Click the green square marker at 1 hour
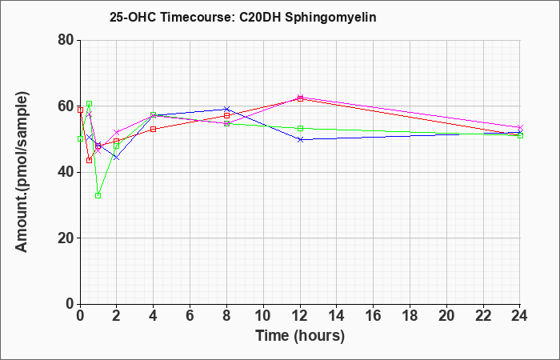[x=98, y=196]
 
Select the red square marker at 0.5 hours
[x=90, y=160]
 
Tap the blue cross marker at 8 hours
[x=226, y=109]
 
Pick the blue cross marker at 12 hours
[x=300, y=140]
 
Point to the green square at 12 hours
[x=300, y=129]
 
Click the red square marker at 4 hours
[x=154, y=130]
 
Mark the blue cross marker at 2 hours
[x=117, y=157]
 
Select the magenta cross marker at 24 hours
[x=520, y=127]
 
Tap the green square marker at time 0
[x=80, y=139]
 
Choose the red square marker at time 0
[x=80, y=110]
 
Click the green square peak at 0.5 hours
[x=90, y=104]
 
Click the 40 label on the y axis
[x=66, y=172]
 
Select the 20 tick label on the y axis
[x=66, y=238]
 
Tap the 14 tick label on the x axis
[x=337, y=316]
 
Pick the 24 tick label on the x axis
[x=519, y=316]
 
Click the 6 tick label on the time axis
[x=190, y=316]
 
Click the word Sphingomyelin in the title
[x=330, y=18]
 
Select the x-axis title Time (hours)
[x=300, y=336]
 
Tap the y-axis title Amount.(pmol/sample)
[x=22, y=172]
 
